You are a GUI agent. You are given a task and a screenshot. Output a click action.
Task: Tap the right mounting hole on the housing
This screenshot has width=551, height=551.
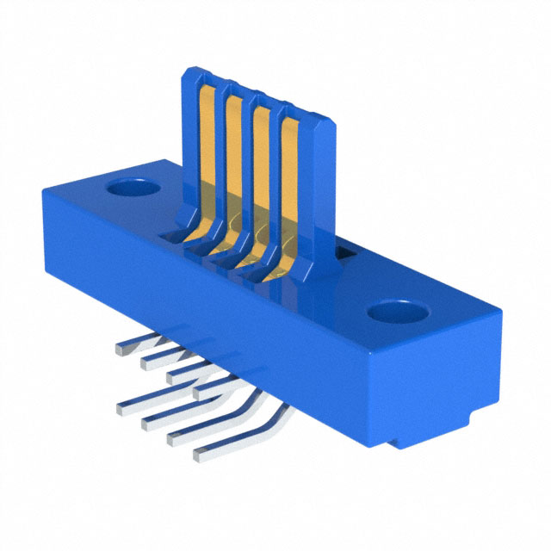[x=397, y=309]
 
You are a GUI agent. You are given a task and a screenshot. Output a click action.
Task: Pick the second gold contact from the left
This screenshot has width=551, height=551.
[x=235, y=168]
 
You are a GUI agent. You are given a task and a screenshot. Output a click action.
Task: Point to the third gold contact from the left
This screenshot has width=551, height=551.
[x=261, y=181]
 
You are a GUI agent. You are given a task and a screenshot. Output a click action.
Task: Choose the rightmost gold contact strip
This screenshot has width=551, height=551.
[x=288, y=194]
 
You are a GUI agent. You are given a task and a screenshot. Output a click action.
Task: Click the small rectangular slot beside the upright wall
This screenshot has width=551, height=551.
[x=344, y=252]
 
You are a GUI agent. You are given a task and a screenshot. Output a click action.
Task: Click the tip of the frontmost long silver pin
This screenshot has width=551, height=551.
[x=201, y=452]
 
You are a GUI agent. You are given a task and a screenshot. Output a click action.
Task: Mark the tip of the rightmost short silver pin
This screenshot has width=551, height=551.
[x=200, y=393]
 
